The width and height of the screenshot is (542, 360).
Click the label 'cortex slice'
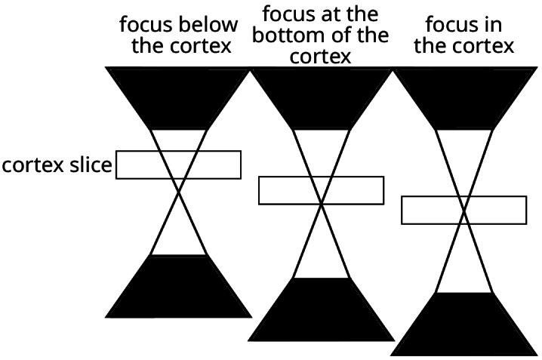[57, 165]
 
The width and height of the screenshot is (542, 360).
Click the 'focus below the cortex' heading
[178, 35]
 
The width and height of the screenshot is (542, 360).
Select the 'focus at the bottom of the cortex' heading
[321, 35]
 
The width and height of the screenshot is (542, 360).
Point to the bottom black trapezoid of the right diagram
[464, 325]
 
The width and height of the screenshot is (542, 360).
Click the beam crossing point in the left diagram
[179, 193]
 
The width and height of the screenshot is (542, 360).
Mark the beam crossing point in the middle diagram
[322, 204]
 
